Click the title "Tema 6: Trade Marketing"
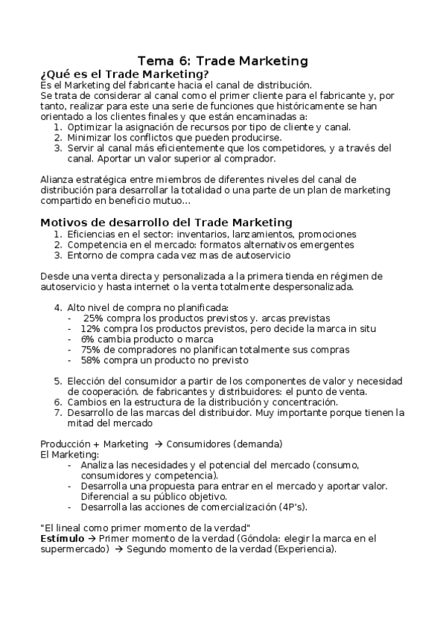pos(223,61)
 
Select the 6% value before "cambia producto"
pos(88,339)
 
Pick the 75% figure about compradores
pos(90,349)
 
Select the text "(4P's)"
pos(290,507)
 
